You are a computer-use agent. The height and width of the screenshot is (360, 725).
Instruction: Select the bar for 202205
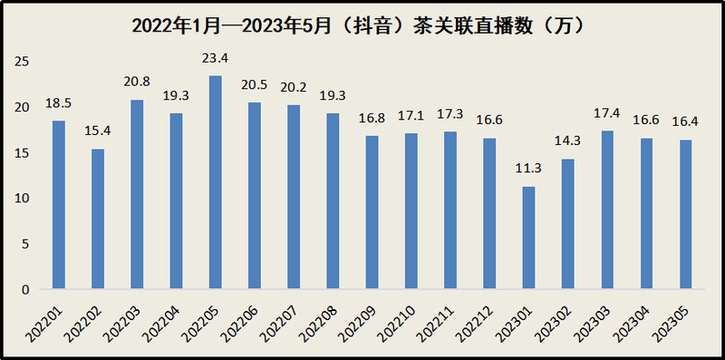point(216,182)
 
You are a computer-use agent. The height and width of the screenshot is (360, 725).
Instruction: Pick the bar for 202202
point(98,219)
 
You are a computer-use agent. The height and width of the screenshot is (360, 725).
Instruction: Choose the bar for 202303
point(607,209)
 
